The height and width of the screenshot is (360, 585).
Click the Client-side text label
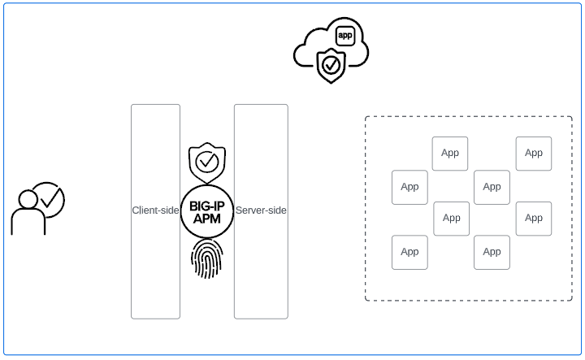155,210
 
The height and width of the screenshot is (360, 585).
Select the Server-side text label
261,210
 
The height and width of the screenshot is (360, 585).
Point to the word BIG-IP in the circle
207,206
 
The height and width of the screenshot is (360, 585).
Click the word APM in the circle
207,219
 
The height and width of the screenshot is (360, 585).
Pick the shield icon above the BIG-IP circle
207,162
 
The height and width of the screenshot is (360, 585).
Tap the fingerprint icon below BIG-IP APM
206,258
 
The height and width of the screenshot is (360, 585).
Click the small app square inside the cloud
345,36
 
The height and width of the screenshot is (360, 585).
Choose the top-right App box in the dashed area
534,153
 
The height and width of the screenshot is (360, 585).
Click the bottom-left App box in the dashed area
409,252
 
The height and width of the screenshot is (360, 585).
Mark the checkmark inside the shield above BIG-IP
207,162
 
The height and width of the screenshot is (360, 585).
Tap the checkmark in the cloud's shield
330,64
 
